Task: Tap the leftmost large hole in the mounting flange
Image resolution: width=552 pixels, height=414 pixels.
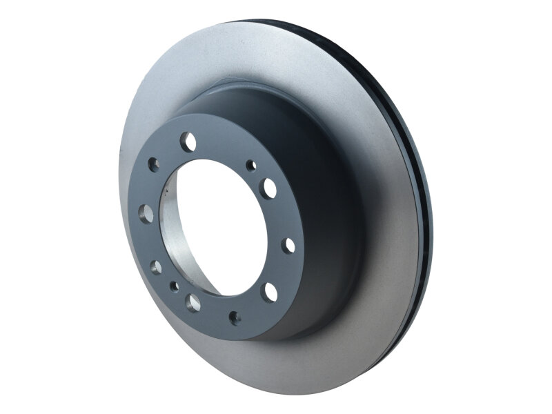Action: [146, 210]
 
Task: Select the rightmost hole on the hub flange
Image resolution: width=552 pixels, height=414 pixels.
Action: [288, 245]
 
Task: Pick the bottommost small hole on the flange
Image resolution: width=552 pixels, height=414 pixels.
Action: [234, 317]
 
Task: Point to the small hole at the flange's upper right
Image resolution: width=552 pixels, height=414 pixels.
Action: [252, 166]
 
